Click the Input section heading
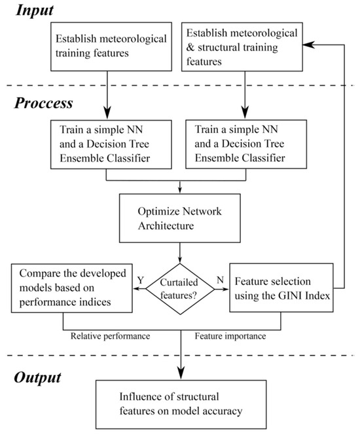coord(39,10)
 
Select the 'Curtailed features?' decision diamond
coord(179,286)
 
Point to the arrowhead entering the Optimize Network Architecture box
coord(179,191)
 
